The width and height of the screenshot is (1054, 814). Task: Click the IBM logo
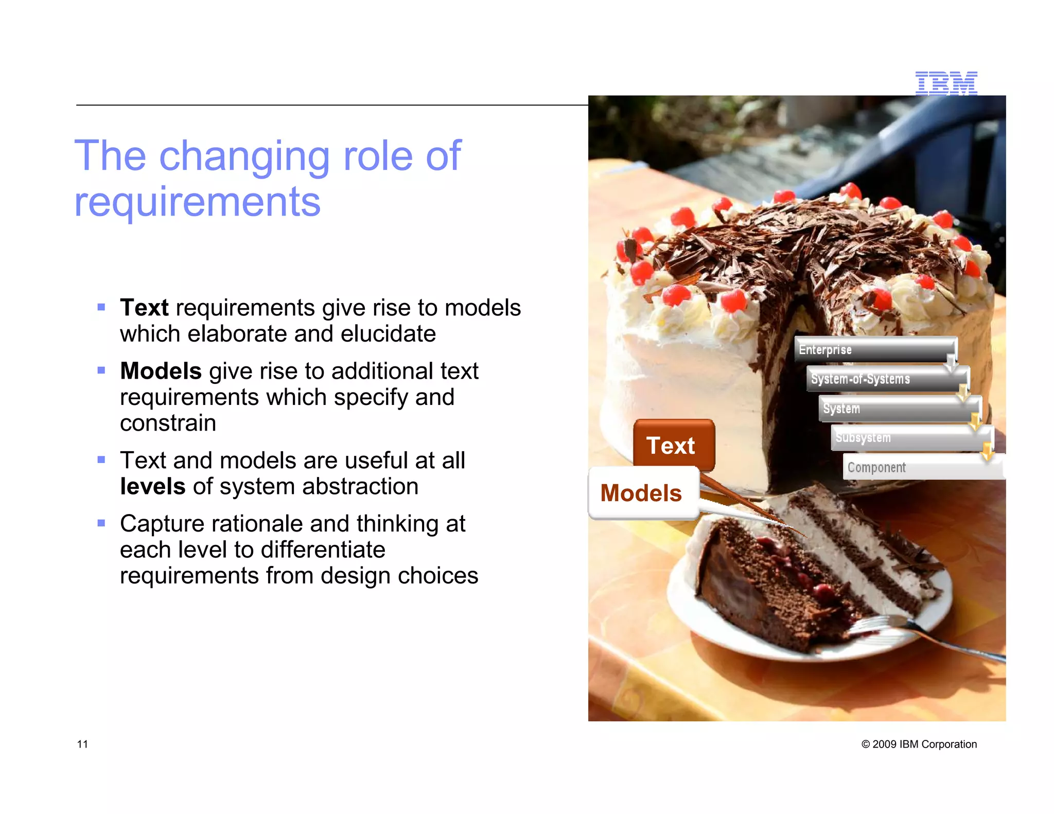[946, 83]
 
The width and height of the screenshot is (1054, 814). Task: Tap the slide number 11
[82, 744]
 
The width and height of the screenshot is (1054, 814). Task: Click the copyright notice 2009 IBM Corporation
[919, 744]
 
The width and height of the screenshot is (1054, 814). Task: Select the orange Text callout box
[673, 445]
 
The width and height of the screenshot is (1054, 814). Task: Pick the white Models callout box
[642, 493]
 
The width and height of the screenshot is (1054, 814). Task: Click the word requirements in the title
[197, 202]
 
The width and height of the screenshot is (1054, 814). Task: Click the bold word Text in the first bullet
[144, 308]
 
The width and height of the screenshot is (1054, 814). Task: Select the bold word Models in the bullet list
[161, 371]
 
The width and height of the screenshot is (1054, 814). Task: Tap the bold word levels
[152, 486]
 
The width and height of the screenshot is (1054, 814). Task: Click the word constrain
[168, 423]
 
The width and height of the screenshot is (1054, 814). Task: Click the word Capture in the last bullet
[162, 524]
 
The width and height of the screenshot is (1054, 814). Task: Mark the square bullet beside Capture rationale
[101, 523]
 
